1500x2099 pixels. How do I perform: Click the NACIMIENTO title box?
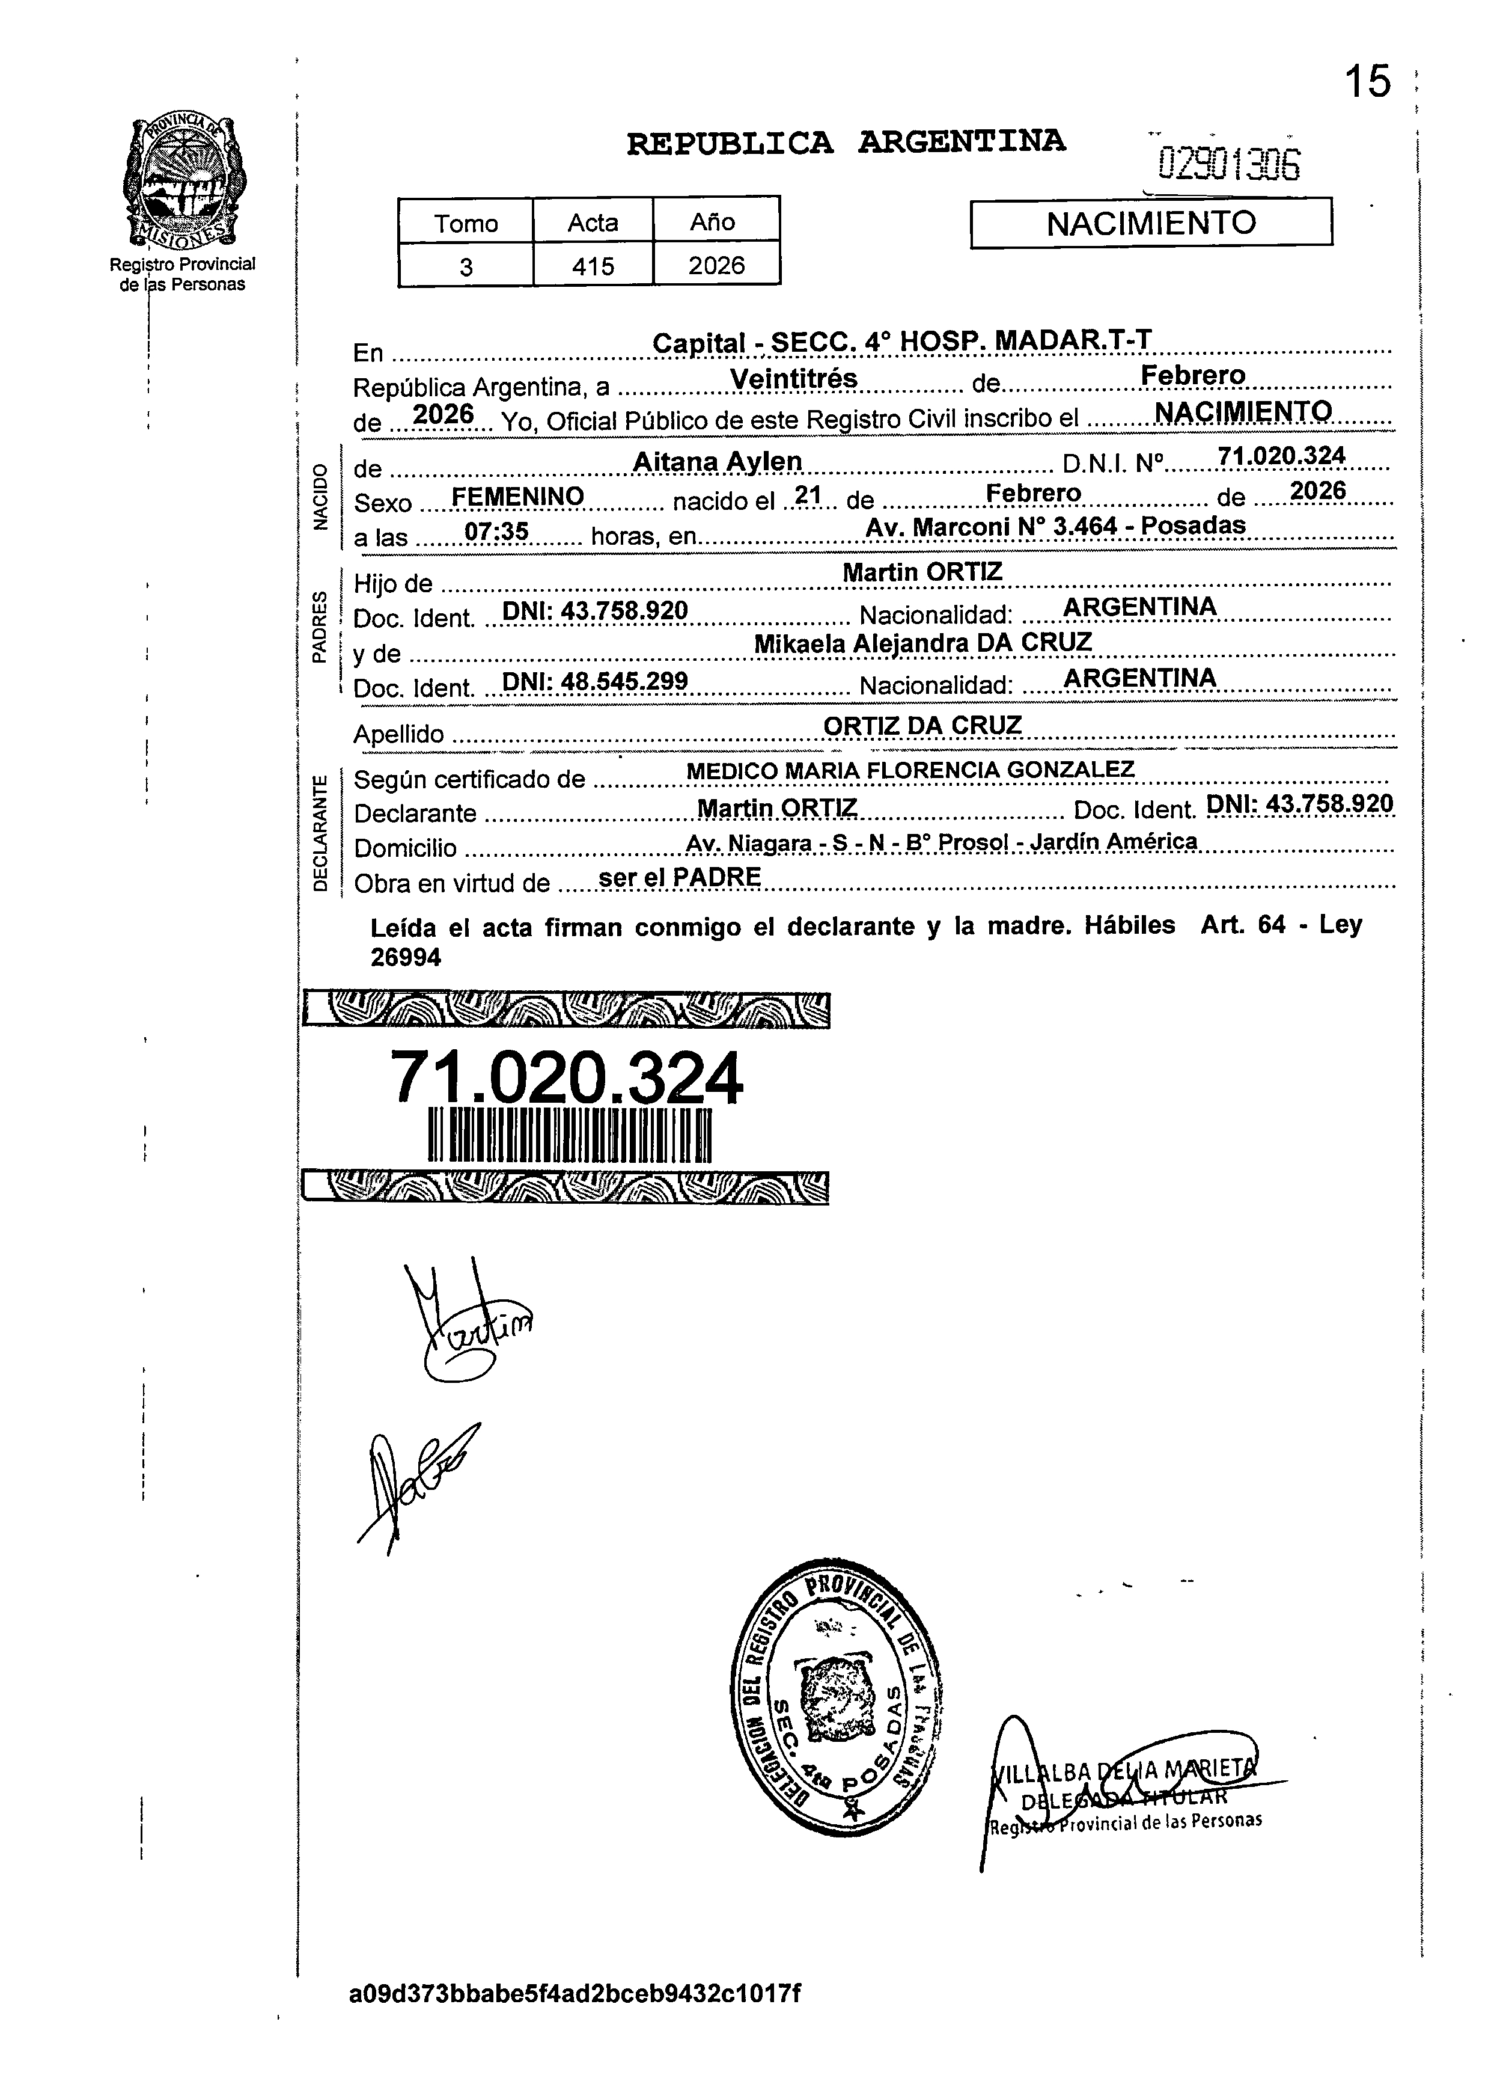click(1151, 222)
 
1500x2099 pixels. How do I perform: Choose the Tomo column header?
click(466, 222)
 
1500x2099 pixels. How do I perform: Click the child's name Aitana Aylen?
click(717, 461)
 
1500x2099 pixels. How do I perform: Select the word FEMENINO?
click(517, 497)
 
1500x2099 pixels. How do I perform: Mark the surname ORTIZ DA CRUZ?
click(922, 726)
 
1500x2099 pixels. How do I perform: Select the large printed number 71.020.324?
click(566, 1078)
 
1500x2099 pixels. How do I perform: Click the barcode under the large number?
click(570, 1135)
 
